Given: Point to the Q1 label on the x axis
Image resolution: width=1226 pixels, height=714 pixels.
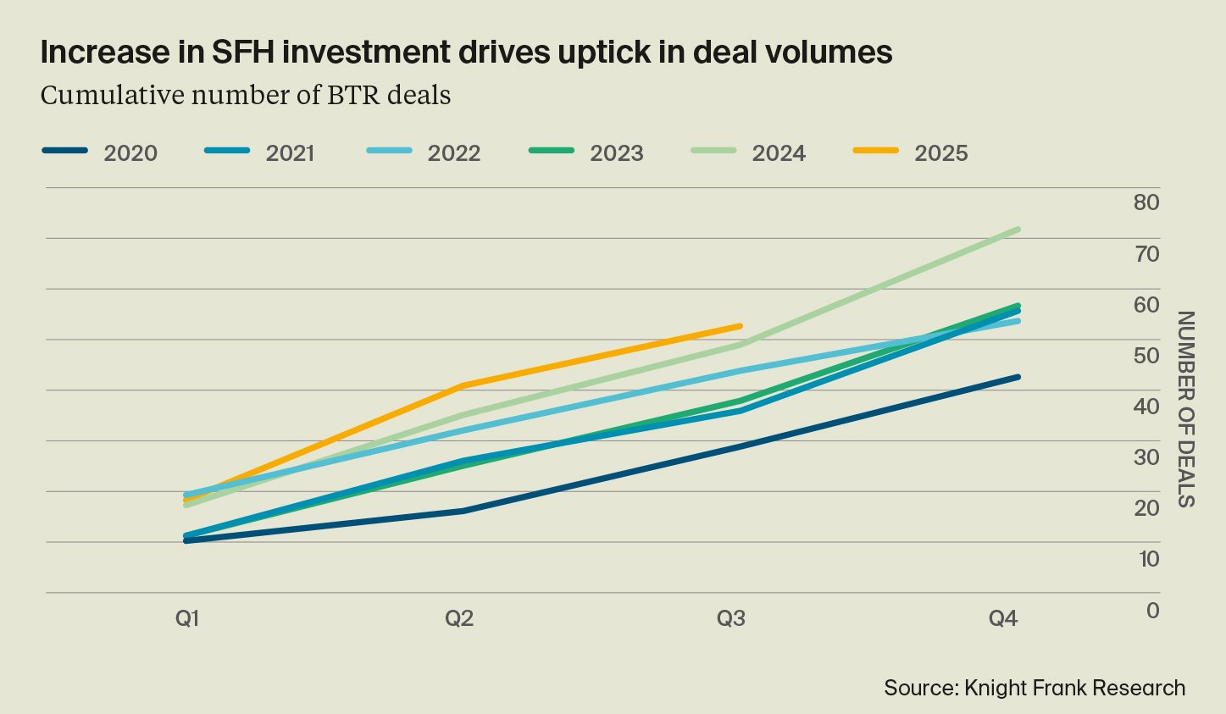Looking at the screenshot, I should [x=187, y=618].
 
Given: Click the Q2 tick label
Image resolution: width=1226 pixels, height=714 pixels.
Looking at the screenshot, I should [x=459, y=618].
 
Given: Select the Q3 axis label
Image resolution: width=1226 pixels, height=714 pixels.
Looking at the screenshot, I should [x=731, y=618].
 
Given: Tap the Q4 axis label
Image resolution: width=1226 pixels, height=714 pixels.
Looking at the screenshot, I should [x=1003, y=618].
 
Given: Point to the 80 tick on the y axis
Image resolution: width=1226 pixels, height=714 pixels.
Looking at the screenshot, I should [x=1146, y=202].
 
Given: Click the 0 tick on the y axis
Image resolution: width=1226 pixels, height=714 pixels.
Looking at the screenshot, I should [x=1152, y=610].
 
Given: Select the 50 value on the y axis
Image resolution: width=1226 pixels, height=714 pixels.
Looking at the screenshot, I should [x=1146, y=355].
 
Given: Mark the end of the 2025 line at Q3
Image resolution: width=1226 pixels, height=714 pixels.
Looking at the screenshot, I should [x=741, y=326].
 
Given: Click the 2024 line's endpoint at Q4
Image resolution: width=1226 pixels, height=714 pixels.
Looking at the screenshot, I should [x=1018, y=230].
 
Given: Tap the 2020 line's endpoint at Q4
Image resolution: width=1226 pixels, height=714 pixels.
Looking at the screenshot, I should [x=1018, y=377].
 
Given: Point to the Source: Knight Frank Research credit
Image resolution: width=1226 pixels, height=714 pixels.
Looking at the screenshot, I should [x=1035, y=688].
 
